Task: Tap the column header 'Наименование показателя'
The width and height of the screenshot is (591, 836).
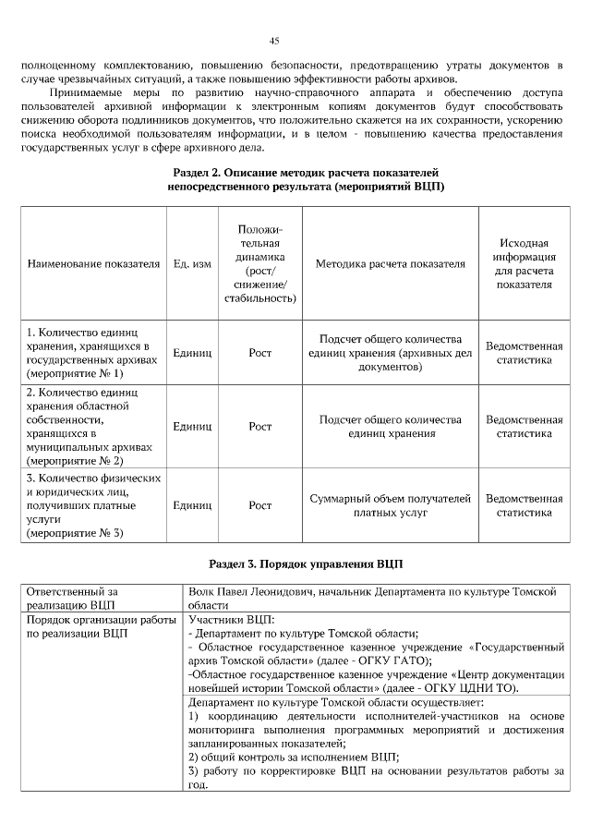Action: click(93, 263)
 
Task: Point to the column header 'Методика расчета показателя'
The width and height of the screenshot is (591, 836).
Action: click(390, 263)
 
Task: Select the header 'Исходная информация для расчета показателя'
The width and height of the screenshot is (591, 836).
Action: click(524, 263)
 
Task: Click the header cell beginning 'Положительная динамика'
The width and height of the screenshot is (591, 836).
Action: click(259, 263)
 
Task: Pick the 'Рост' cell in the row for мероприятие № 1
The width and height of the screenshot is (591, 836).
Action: click(259, 352)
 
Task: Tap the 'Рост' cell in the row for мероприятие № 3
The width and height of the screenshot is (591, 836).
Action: click(259, 506)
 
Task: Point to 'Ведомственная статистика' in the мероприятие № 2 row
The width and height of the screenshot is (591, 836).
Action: click(524, 426)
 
